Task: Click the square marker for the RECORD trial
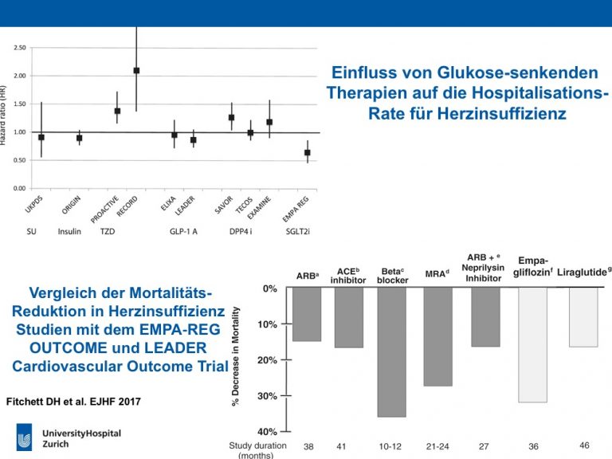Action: pos(136,71)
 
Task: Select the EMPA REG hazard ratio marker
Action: pos(308,153)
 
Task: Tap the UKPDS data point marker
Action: pos(41,137)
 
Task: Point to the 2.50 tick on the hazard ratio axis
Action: pos(19,48)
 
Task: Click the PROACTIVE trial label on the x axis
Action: pos(104,210)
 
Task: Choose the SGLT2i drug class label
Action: pos(298,231)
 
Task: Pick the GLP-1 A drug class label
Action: pos(183,231)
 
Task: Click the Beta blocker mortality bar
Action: pos(392,352)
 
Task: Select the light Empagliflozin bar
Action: pos(533,345)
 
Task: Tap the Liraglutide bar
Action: pos(583,317)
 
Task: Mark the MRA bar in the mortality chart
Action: pos(438,337)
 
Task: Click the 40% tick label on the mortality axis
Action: pos(268,432)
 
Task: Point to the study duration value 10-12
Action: pos(390,446)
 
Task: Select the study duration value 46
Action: pos(584,445)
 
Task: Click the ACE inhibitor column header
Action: pos(348,276)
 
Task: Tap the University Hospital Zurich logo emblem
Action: pos(24,437)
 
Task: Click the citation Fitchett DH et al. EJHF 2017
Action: pos(73,402)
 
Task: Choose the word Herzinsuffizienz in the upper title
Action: pos(502,114)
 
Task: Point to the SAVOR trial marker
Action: pos(231,117)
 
